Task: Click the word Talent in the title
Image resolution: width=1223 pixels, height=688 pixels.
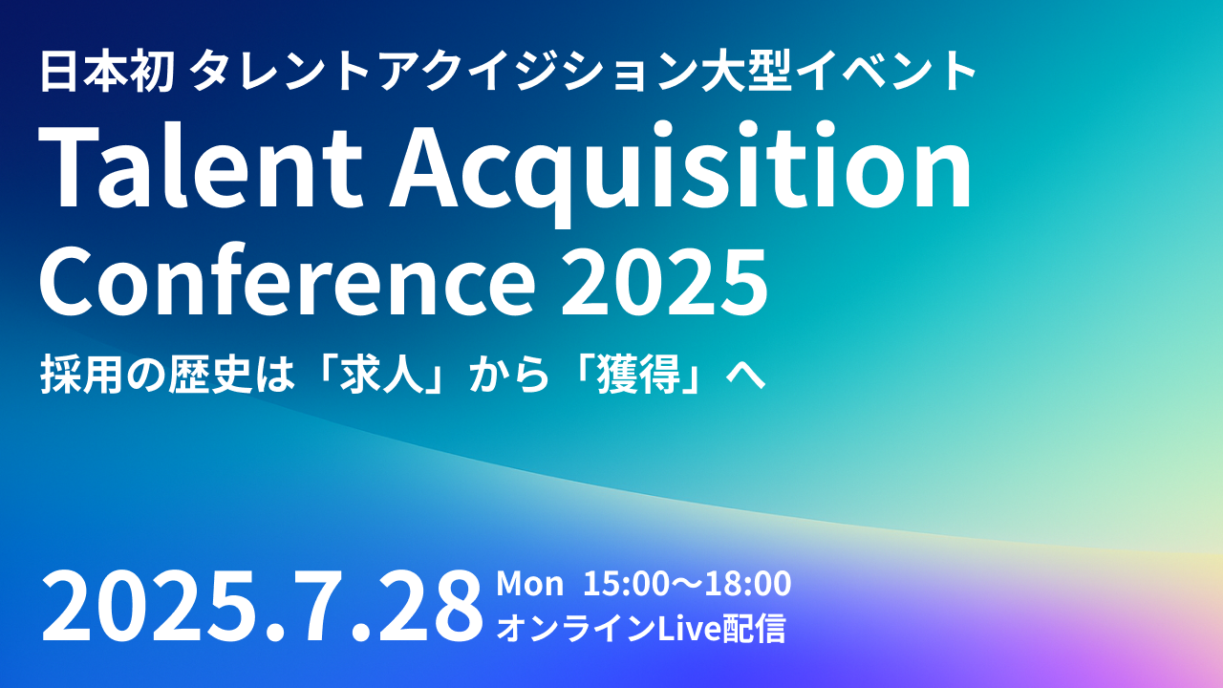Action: tap(201, 166)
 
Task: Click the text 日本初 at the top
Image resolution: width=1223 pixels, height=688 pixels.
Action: tap(106, 71)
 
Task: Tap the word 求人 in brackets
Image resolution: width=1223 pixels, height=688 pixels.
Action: tap(382, 374)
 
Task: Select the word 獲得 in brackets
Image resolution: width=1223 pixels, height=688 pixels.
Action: tap(639, 374)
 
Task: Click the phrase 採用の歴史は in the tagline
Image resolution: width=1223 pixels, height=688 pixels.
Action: tap(167, 374)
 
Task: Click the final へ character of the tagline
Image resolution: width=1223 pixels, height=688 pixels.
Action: tap(745, 376)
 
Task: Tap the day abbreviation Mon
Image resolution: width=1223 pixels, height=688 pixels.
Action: tap(529, 584)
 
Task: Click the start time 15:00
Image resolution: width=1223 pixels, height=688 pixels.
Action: tap(626, 584)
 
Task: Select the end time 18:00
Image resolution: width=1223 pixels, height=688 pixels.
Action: tap(748, 584)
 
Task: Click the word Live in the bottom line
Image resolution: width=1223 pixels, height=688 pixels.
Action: tap(689, 629)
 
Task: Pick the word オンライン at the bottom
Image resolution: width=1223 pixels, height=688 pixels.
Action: tap(576, 629)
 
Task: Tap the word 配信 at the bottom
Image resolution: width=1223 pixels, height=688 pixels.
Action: tap(754, 629)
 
